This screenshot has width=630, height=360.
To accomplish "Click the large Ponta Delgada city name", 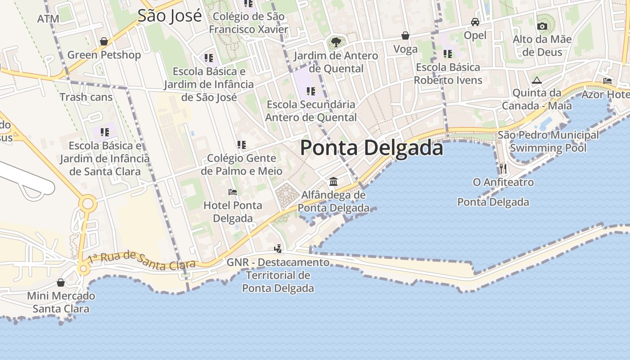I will click(371, 148).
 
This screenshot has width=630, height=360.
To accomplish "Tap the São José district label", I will click(170, 16).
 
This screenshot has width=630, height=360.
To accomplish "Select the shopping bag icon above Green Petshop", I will click(104, 41).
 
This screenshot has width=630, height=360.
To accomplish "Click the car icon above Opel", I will click(475, 22).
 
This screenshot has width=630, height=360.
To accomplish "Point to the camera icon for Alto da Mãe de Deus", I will click(542, 26).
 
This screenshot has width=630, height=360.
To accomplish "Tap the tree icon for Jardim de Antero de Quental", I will click(335, 42).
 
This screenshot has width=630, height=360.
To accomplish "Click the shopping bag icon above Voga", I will click(405, 36).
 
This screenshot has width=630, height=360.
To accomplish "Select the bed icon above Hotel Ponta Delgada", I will click(233, 192).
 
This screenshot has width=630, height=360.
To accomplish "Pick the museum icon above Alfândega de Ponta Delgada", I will click(333, 181).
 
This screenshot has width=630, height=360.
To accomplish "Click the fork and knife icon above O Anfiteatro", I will click(503, 169).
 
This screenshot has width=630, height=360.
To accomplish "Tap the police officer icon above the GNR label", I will click(278, 248).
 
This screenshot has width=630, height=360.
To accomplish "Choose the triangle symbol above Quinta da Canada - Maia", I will click(536, 80).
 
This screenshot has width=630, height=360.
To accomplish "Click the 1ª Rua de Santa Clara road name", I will click(142, 261).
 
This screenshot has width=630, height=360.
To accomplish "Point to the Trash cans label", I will click(86, 97).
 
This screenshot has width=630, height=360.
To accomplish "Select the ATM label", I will click(48, 19).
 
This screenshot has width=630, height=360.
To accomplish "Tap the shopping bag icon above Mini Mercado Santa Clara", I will click(61, 283).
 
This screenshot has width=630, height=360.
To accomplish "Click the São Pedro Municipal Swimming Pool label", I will click(548, 141).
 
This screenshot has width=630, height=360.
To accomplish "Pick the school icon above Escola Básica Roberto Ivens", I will click(448, 54).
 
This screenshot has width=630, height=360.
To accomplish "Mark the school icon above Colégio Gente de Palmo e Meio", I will click(242, 145).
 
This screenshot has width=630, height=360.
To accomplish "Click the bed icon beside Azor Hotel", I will click(607, 81).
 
